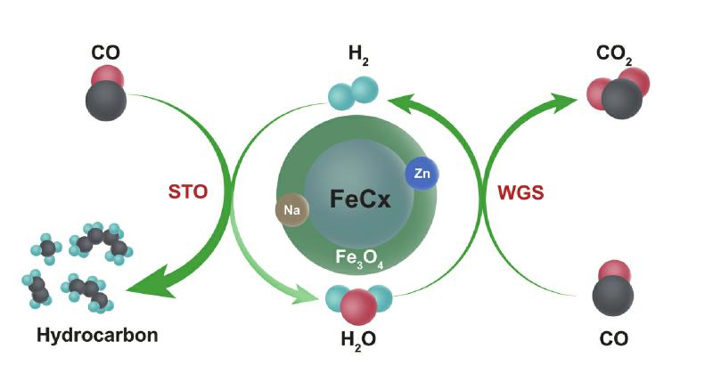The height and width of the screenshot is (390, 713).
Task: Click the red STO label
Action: tap(188, 191)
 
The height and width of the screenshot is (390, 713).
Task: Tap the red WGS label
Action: tap(520, 192)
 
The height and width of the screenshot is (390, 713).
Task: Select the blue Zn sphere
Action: tap(422, 173)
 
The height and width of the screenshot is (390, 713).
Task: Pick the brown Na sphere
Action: tap(292, 209)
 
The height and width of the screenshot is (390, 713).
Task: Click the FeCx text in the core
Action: tap(360, 199)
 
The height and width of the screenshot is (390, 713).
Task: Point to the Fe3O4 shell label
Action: tap(359, 258)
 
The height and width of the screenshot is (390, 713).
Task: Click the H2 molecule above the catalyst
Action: tap(353, 93)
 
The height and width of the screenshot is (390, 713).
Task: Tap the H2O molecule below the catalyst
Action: tap(359, 304)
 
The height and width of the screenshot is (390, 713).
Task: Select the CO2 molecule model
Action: tap(619, 93)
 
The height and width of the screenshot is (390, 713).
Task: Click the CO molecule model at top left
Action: tap(106, 93)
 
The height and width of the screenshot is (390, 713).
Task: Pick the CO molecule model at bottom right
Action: tap(613, 288)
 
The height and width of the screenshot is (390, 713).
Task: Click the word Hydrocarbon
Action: tap(97, 335)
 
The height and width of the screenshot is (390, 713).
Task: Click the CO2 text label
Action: tap(614, 54)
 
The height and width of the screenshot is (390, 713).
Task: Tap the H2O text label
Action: tap(358, 340)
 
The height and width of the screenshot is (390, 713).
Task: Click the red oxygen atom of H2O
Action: tap(359, 307)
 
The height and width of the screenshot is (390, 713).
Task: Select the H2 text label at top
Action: tap(358, 54)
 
